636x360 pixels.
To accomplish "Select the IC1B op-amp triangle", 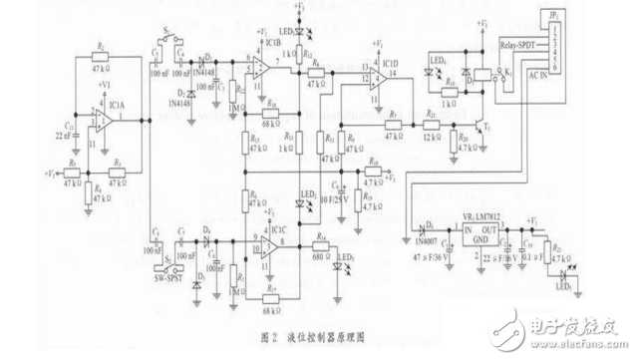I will pos(258,68).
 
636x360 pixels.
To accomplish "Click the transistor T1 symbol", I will pos(484,127).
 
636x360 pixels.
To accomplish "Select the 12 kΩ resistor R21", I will pos(431,126).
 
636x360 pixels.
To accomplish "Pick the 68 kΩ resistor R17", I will pos(269,289).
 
